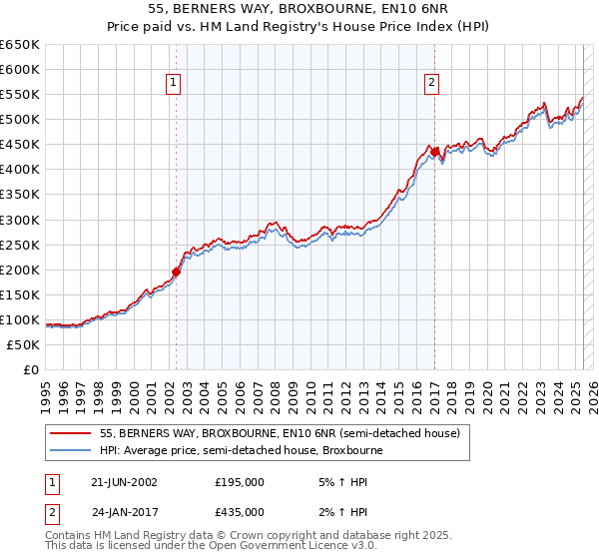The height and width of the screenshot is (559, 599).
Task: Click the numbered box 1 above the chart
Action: [174, 84]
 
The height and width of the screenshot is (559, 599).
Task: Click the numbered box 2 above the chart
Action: [432, 84]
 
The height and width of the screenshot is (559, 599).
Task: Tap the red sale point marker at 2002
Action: [177, 271]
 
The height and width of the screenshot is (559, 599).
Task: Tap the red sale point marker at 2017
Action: [435, 152]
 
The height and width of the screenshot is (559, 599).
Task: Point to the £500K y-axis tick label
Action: [20, 119]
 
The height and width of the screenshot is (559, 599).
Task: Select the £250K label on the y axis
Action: [20, 245]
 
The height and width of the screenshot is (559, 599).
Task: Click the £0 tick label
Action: [31, 369]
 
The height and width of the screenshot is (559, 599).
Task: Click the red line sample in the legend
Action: [69, 433]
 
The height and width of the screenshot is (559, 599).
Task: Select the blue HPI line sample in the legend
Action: [69, 450]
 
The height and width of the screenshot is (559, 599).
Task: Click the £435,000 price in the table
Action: [240, 511]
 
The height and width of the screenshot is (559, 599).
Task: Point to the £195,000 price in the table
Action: [240, 481]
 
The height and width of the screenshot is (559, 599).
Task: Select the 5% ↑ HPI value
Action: [341, 481]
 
